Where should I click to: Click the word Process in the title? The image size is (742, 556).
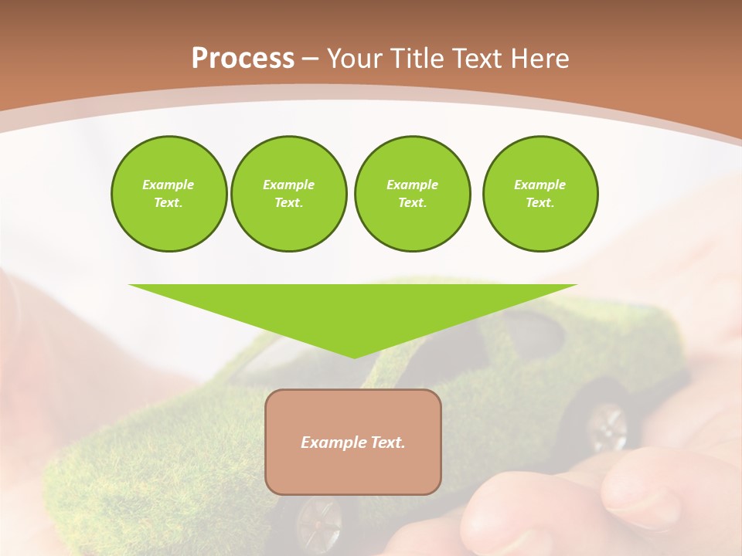pos(243,59)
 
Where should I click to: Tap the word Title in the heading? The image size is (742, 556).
pos(420,59)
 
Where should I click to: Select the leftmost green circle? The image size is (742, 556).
pos(168,194)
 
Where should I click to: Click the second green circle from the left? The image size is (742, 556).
pos(288,194)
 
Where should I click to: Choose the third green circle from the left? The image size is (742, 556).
pos(412,194)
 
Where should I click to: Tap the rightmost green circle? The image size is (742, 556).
pos(539,194)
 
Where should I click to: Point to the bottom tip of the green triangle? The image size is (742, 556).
pos(354,356)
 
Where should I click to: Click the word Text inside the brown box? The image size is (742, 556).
pos(388,442)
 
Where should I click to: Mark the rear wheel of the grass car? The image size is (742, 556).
pos(607,426)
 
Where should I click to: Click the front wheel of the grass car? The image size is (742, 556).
pos(318,521)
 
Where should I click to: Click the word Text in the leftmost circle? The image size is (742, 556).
pos(168,203)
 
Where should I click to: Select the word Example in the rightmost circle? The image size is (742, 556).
pos(539,185)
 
